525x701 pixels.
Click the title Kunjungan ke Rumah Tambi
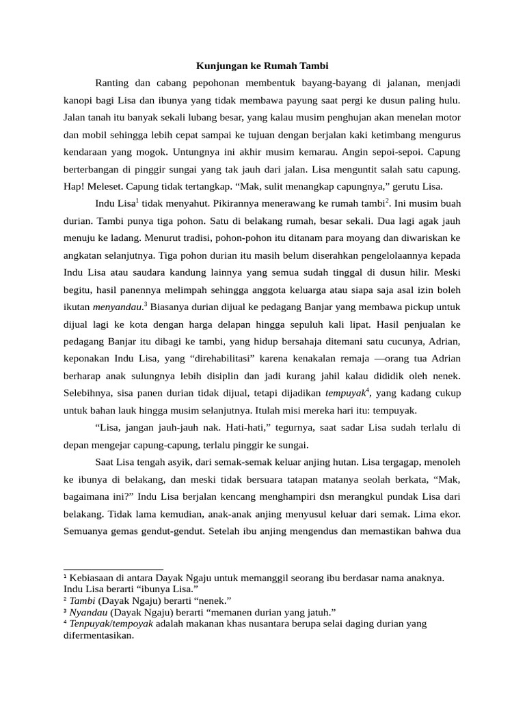pos(262,66)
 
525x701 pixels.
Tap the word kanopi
pos(78,101)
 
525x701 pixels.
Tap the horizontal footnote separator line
pos(113,570)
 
